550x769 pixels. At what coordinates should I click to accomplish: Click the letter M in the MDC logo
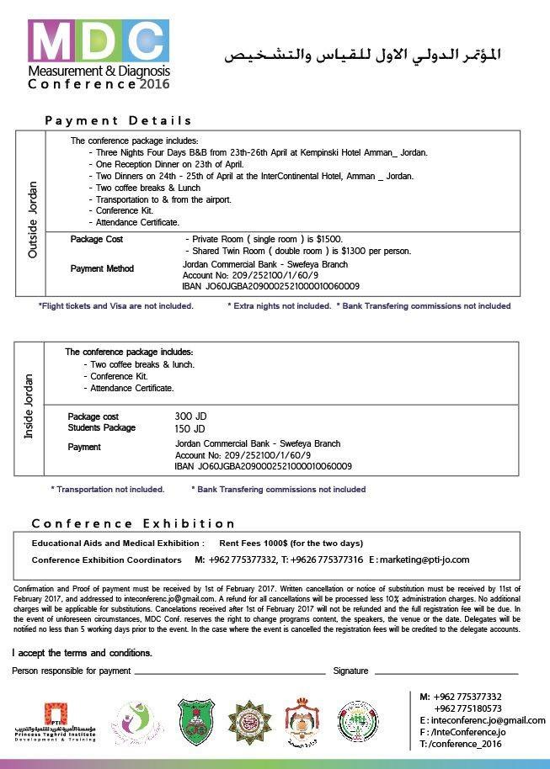click(50, 41)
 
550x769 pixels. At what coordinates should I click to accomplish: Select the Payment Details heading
click(119, 120)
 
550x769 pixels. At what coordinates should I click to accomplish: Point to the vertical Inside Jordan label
click(28, 408)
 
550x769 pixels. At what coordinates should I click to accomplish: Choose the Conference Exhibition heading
click(134, 523)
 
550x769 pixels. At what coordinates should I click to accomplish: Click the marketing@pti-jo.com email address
click(419, 560)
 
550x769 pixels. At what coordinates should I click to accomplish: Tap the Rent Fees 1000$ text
click(291, 544)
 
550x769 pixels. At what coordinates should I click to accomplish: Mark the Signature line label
click(350, 671)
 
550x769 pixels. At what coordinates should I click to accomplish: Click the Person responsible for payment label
click(72, 671)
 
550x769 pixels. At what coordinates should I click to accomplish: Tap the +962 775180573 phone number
click(467, 708)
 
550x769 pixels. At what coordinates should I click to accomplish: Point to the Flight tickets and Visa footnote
click(116, 306)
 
